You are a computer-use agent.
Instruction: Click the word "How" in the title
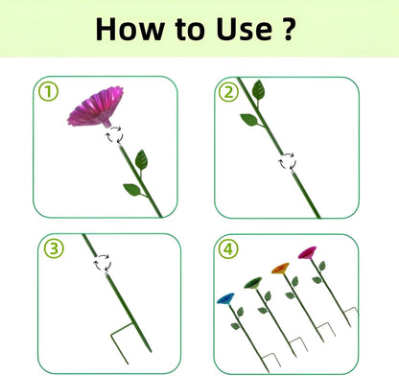pyautogui.click(x=129, y=29)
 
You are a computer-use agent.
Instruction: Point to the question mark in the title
pyautogui.click(x=288, y=29)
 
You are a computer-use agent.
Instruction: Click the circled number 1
pyautogui.click(x=48, y=92)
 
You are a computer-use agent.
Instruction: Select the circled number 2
pyautogui.click(x=228, y=92)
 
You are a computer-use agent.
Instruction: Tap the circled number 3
pyautogui.click(x=54, y=248)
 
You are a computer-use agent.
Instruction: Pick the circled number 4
pyautogui.click(x=228, y=248)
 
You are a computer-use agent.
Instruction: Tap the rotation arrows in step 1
pyautogui.click(x=114, y=134)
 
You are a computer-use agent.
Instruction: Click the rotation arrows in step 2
pyautogui.click(x=287, y=160)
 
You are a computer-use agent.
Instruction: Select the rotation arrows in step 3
pyautogui.click(x=102, y=263)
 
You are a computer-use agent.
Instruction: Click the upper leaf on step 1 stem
pyautogui.click(x=141, y=160)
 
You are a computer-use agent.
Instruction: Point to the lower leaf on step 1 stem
pyautogui.click(x=132, y=190)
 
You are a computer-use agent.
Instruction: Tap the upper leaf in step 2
pyautogui.click(x=258, y=90)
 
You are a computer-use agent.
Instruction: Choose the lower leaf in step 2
pyautogui.click(x=249, y=120)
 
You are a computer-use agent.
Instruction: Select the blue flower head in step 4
pyautogui.click(x=225, y=298)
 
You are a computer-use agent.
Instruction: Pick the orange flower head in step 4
pyautogui.click(x=281, y=269)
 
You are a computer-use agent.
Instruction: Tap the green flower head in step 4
pyautogui.click(x=253, y=283)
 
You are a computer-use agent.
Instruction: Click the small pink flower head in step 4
pyautogui.click(x=307, y=252)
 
